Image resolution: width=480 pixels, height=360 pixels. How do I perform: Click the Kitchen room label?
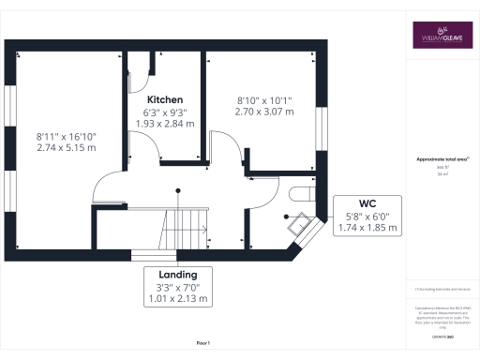164,98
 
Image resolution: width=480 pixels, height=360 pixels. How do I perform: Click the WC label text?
367,202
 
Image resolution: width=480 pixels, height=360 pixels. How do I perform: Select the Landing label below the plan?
177,274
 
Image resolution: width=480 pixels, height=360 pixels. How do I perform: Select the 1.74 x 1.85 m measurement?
367,228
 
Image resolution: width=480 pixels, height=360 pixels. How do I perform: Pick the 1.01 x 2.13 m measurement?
177,300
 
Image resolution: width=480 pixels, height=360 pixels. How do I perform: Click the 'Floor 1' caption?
203,344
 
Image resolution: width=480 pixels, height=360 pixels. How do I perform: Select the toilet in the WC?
303,194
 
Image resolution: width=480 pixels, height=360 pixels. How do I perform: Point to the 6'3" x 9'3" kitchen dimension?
164,111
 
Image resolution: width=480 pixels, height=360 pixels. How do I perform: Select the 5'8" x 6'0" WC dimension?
367,216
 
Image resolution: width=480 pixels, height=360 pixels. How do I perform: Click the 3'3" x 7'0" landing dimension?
177,287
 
